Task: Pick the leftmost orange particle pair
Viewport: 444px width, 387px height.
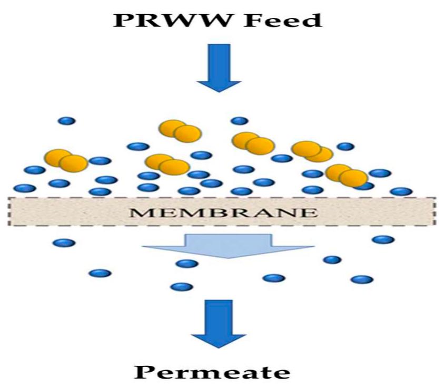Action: (66, 160)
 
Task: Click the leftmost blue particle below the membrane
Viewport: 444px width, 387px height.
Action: (64, 243)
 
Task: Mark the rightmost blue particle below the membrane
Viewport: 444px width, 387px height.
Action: (383, 239)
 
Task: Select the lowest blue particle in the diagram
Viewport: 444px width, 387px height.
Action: (182, 287)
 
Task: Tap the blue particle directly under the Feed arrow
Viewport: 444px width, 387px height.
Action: (240, 121)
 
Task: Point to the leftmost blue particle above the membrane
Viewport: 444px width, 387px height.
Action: (25, 188)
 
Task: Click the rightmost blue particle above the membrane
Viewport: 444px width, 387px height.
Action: (401, 191)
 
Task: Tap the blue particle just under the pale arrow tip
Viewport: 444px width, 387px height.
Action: (187, 264)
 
